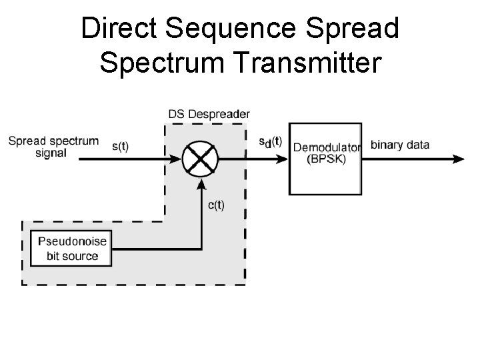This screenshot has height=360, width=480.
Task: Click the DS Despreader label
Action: click(209, 113)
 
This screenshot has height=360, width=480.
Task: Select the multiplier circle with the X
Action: click(200, 159)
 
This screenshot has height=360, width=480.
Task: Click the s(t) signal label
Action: click(120, 146)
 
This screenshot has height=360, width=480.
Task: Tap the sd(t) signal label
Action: click(269, 143)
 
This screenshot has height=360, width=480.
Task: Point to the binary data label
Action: click(399, 145)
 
